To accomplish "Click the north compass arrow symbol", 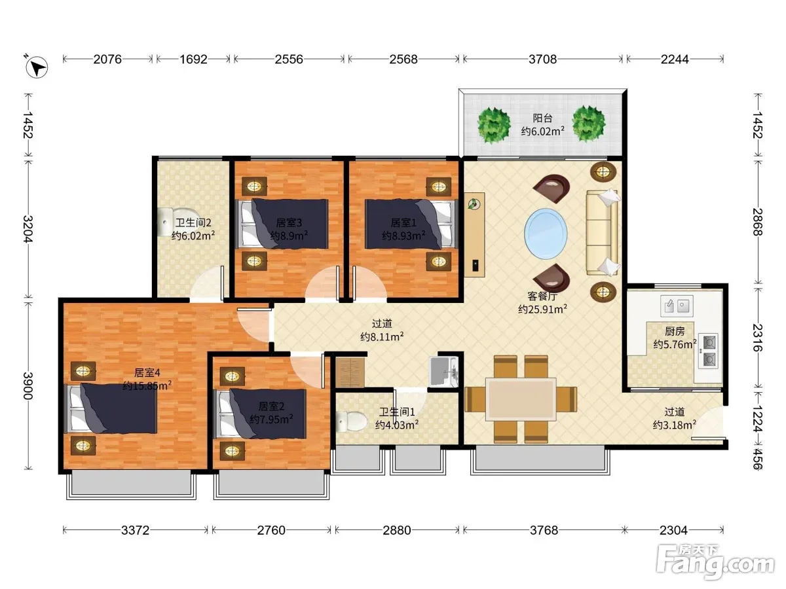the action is click(x=37, y=67).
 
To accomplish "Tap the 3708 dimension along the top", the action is click(x=542, y=59).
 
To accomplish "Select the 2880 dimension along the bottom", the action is click(x=396, y=530).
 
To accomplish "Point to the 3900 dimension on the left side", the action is click(x=28, y=385).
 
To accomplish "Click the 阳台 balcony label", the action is click(x=542, y=118).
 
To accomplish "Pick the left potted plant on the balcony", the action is click(x=494, y=125).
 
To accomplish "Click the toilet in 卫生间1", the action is click(x=351, y=421).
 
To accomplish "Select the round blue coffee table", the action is click(x=546, y=234).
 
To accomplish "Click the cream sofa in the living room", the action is click(x=603, y=233).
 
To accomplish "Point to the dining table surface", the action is click(x=521, y=399).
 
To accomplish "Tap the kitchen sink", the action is click(x=677, y=306).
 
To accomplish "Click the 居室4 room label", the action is click(x=147, y=372).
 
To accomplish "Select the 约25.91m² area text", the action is click(x=542, y=309).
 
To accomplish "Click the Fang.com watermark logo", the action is click(x=715, y=562).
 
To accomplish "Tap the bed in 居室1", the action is click(x=411, y=224).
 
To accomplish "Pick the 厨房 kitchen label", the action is click(x=674, y=332).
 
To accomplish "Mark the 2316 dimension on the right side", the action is click(x=757, y=338).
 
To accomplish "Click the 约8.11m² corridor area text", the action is click(x=382, y=337).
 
